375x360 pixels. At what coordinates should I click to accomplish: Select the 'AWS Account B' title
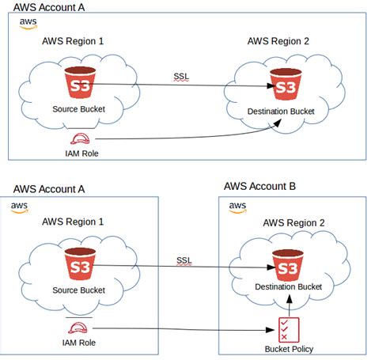pos(259,187)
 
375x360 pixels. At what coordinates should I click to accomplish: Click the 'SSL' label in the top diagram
pos(181,77)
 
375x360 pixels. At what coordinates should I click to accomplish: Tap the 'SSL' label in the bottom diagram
pos(184,260)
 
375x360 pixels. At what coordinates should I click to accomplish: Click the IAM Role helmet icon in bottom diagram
pos(78,327)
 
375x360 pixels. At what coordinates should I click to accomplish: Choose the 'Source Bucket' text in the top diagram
pos(79,109)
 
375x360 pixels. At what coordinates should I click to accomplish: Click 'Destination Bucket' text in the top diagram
pos(282,112)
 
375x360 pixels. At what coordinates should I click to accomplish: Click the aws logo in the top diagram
pos(26,22)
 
